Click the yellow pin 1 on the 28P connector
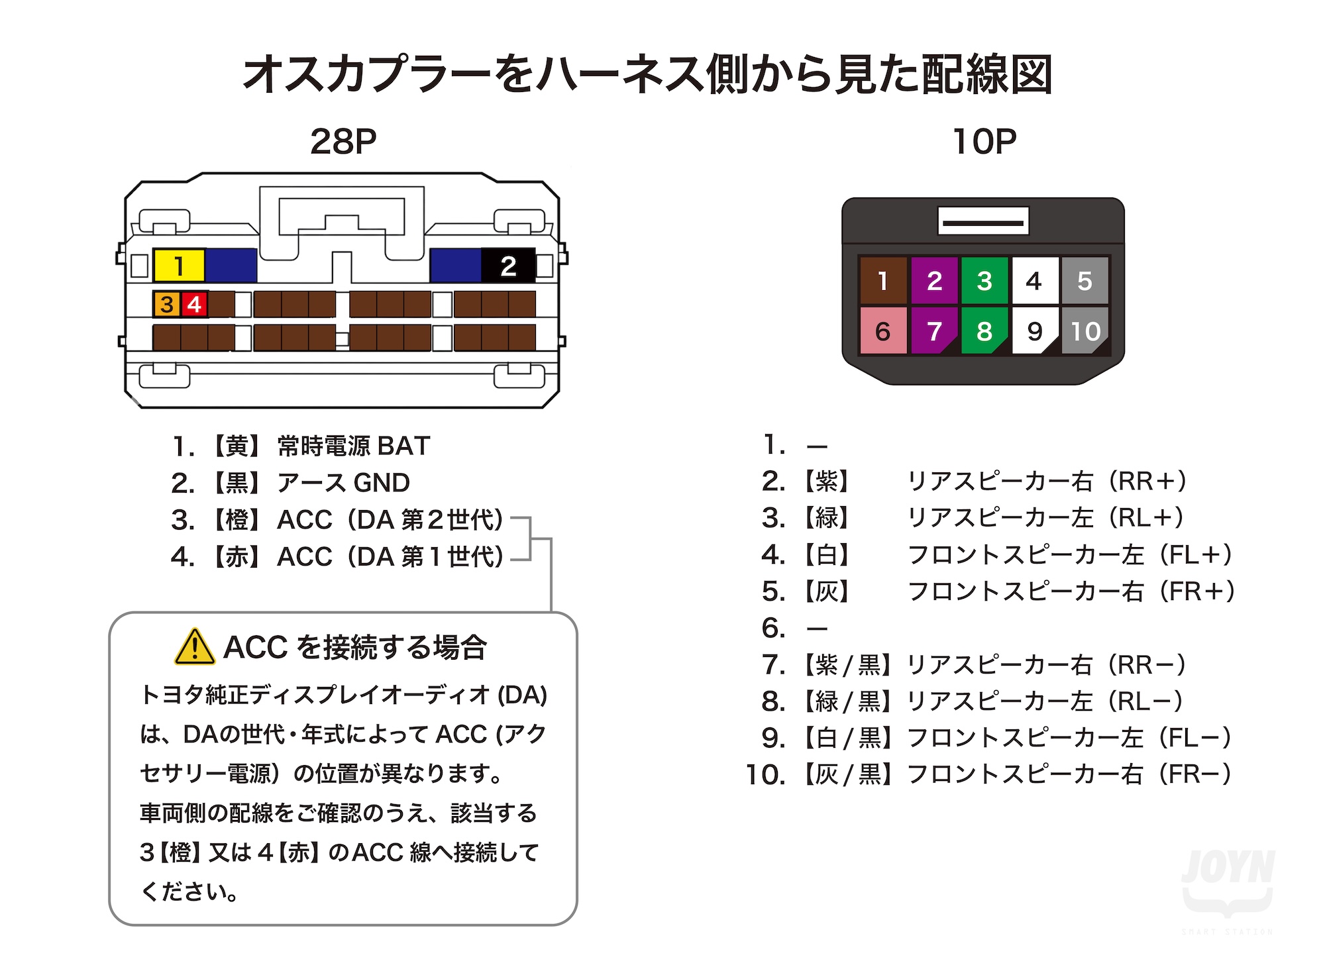pyautogui.click(x=179, y=266)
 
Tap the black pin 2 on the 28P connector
pyautogui.click(x=508, y=266)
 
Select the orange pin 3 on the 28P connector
pyautogui.click(x=166, y=304)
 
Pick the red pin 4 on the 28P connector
pyautogui.click(x=194, y=304)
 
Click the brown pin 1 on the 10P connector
pyautogui.click(x=883, y=281)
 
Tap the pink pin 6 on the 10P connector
pyautogui.click(x=883, y=331)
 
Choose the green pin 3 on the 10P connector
pyautogui.click(x=984, y=281)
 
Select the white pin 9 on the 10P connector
pyautogui.click(x=1035, y=331)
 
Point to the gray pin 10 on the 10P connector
pyautogui.click(x=1085, y=331)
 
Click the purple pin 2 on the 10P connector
pyautogui.click(x=934, y=281)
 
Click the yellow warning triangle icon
pyautogui.click(x=194, y=647)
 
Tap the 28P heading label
pyautogui.click(x=343, y=141)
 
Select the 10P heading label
pyautogui.click(x=984, y=141)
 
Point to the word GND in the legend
pyautogui.click(x=382, y=483)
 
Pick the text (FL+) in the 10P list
pyautogui.click(x=1196, y=554)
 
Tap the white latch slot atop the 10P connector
pyautogui.click(x=983, y=221)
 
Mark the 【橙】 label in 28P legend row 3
pyautogui.click(x=237, y=520)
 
